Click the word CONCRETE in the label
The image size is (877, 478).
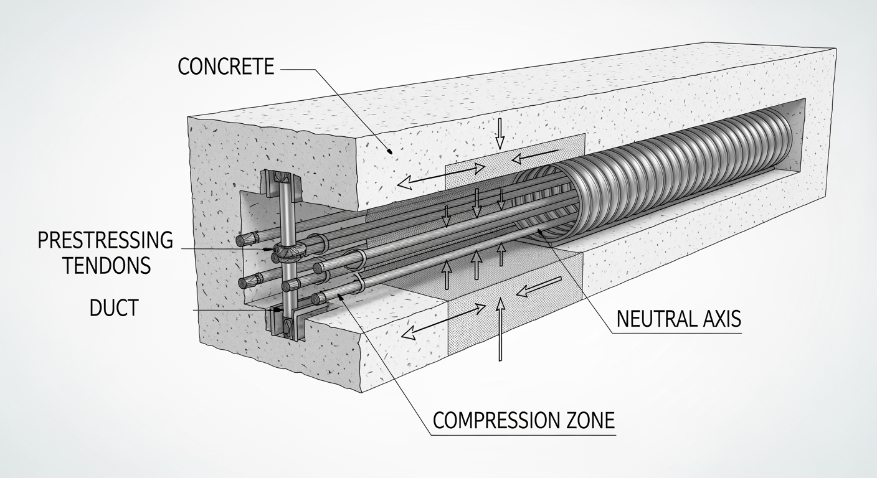click(225, 67)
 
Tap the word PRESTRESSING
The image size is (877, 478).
click(105, 240)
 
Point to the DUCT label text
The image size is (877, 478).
click(113, 307)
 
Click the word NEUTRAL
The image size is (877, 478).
click(655, 319)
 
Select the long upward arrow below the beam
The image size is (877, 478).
click(499, 330)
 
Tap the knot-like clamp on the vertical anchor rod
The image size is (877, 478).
click(289, 251)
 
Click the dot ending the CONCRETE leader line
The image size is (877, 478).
click(390, 150)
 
